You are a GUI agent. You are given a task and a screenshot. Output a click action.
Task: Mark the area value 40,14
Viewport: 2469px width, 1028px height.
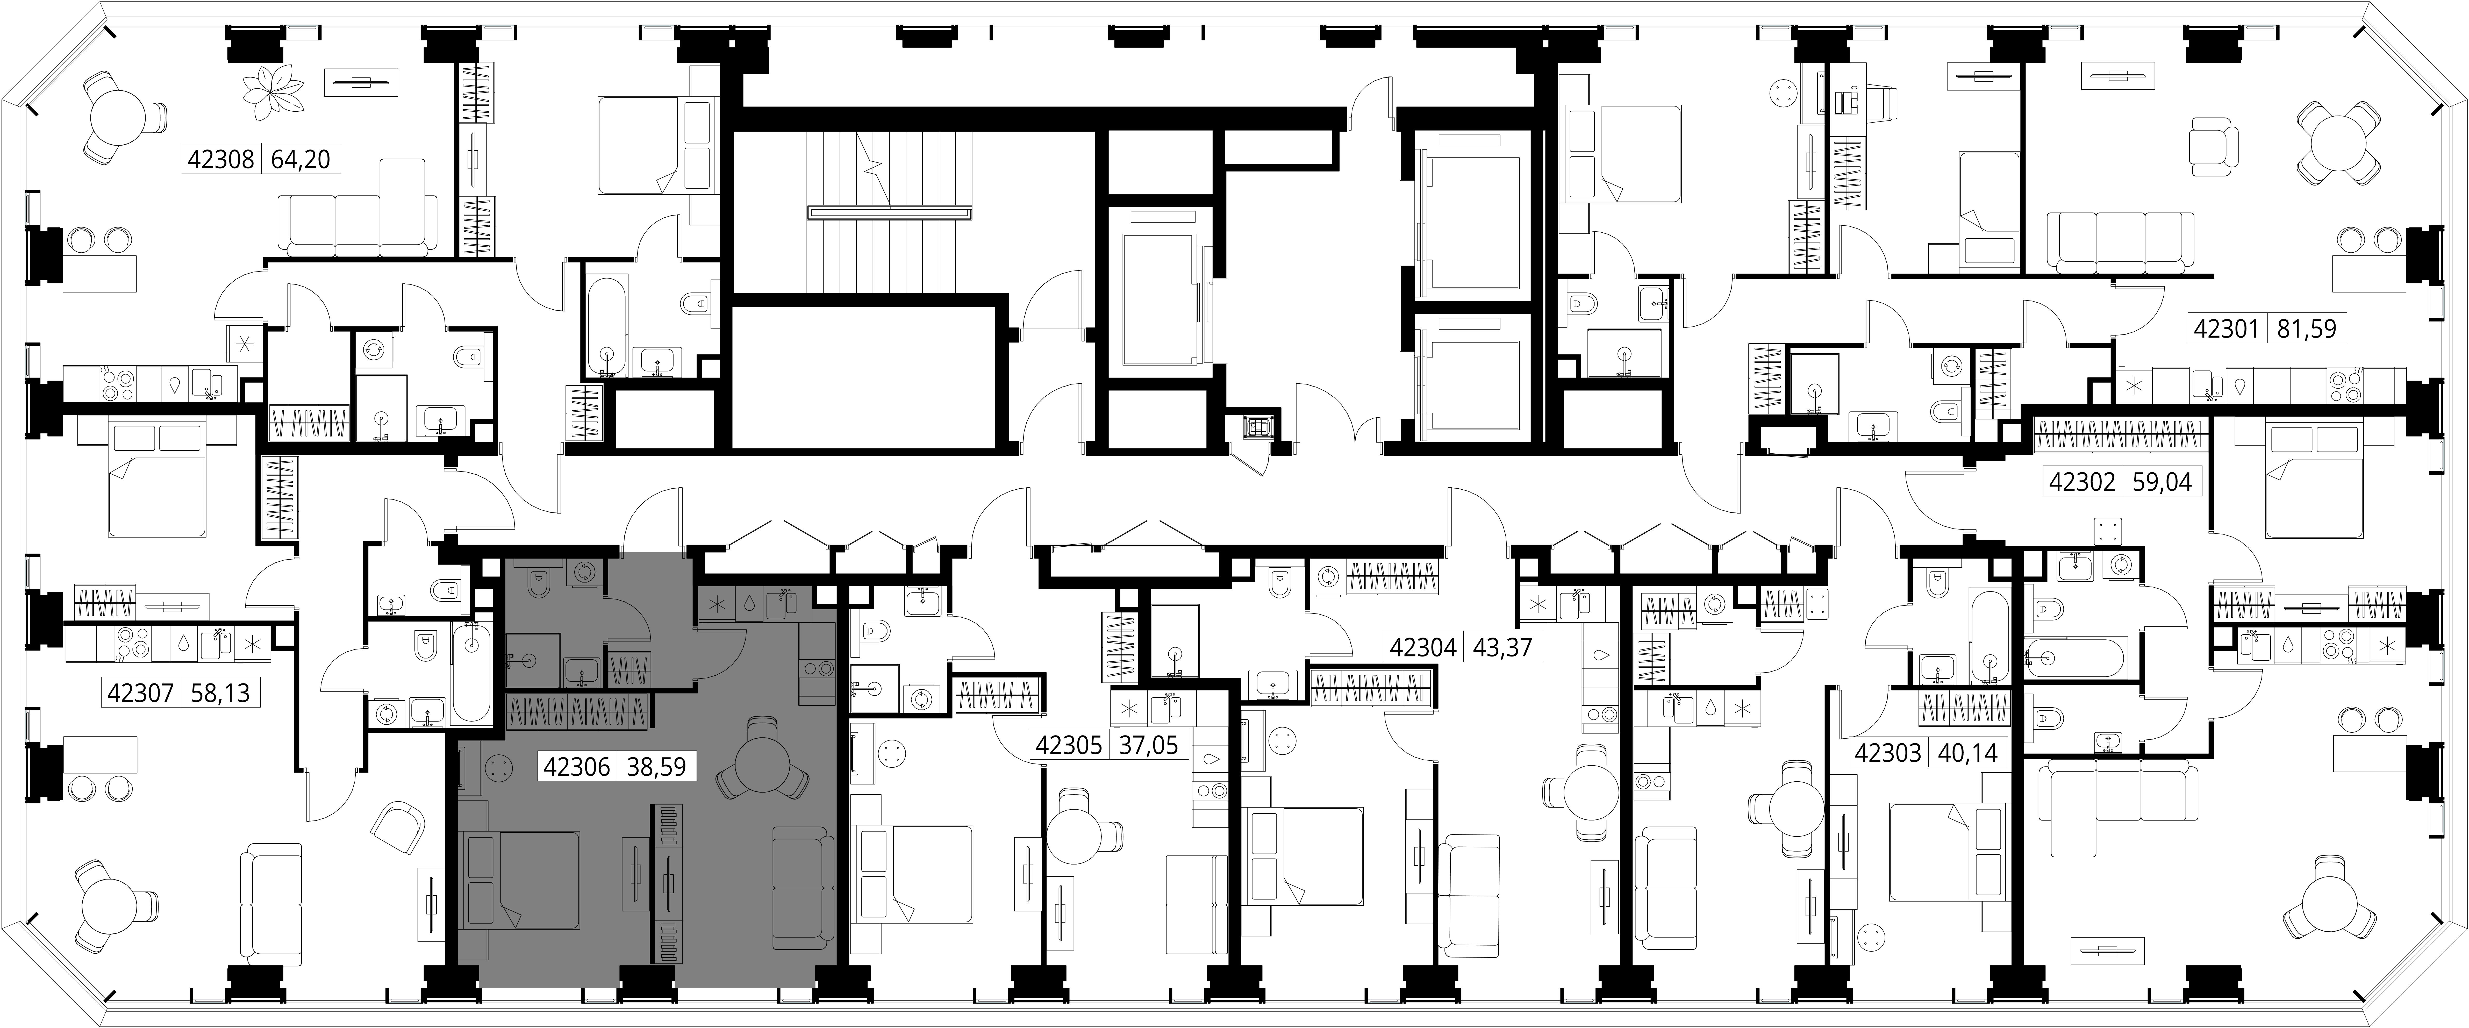coord(1968,753)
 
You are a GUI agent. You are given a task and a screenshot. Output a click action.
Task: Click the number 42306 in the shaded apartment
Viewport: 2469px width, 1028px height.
coord(577,767)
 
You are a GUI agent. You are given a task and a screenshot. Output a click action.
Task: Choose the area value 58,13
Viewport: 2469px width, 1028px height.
coord(220,692)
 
